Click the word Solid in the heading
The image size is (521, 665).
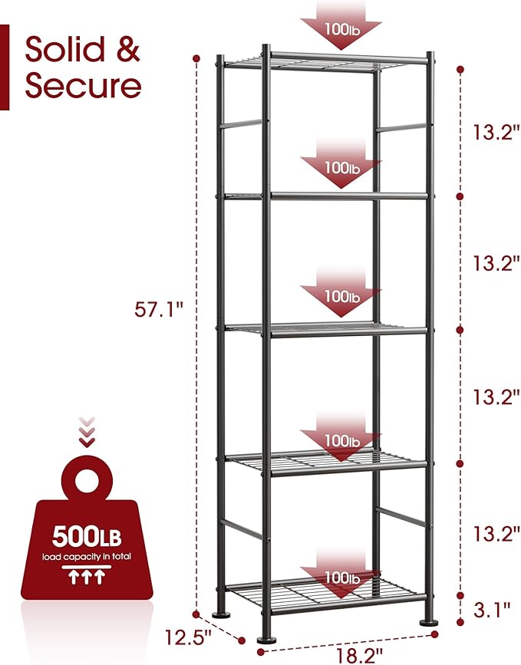64,49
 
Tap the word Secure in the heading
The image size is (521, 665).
83,85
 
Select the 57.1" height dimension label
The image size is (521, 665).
159,310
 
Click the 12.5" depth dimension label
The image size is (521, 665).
188,637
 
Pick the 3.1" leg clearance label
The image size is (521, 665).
492,611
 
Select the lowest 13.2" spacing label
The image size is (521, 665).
496,533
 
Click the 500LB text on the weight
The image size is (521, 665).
87,536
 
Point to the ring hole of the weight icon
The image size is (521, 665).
86,480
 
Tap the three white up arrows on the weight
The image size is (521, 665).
87,578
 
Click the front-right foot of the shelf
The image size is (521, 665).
430,622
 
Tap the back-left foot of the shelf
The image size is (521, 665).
222,614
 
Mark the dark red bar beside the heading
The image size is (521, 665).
5,67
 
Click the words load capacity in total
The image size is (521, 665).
87,556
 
